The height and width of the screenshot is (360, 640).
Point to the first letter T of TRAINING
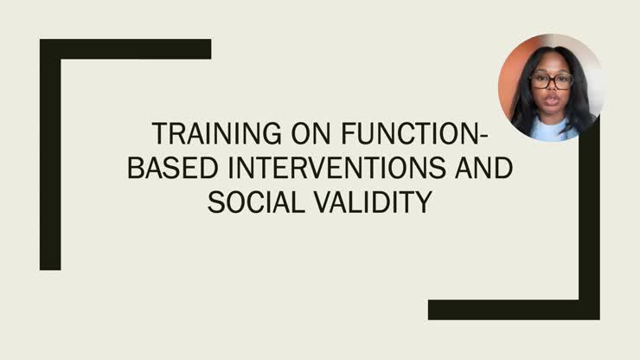point(158,134)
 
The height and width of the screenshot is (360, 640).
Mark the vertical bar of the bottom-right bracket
point(590,225)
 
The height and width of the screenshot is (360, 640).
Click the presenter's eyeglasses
point(551,81)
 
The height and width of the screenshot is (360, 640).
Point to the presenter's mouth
point(551,106)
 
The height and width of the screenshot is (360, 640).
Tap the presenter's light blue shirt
point(551,132)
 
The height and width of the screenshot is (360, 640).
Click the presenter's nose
point(551,92)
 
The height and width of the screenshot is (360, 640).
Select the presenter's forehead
point(551,64)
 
